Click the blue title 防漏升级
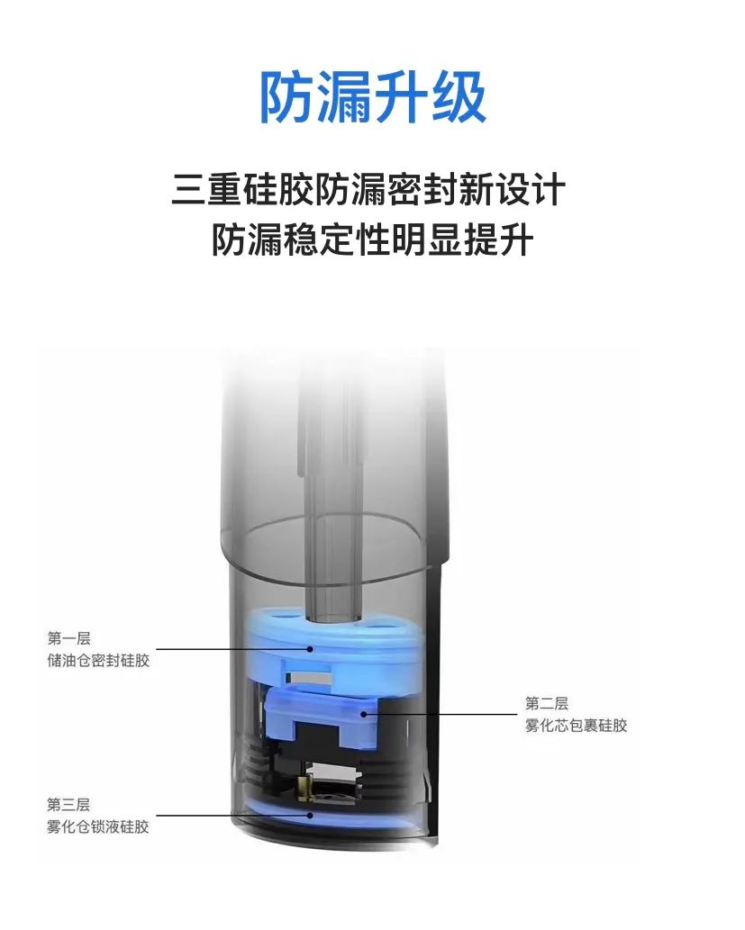tap(373, 97)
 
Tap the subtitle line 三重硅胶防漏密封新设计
tap(368, 189)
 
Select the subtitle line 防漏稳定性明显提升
tap(372, 239)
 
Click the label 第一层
tap(68, 638)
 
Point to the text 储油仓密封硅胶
tap(98, 660)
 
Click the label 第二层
tap(546, 703)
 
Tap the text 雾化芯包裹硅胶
tap(576, 726)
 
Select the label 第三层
tap(68, 804)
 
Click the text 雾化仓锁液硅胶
tap(98, 826)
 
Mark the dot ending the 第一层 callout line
tap(310, 649)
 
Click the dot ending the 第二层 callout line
tap(363, 714)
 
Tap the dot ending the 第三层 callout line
tap(310, 815)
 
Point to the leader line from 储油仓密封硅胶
tap(232, 649)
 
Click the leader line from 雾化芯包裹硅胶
tap(441, 714)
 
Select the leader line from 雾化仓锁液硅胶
tap(232, 815)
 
